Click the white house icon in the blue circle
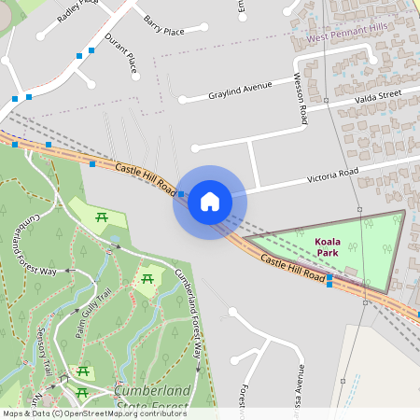pos(210,202)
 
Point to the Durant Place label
pos(121,53)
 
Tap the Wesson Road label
pos(301,100)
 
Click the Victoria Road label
pos(333,175)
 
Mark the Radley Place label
pos(77,11)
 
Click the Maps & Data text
pos(25,413)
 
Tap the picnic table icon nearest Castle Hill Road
pos(103,217)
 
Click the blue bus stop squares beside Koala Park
pos(329,280)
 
